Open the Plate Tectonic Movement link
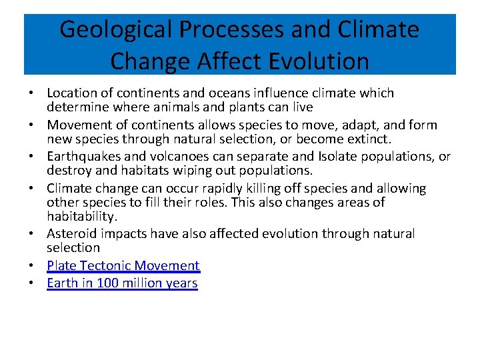point(123,265)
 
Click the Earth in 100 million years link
point(122,283)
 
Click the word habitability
point(82,216)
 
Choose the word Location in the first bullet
point(73,93)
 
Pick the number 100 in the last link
point(109,283)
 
